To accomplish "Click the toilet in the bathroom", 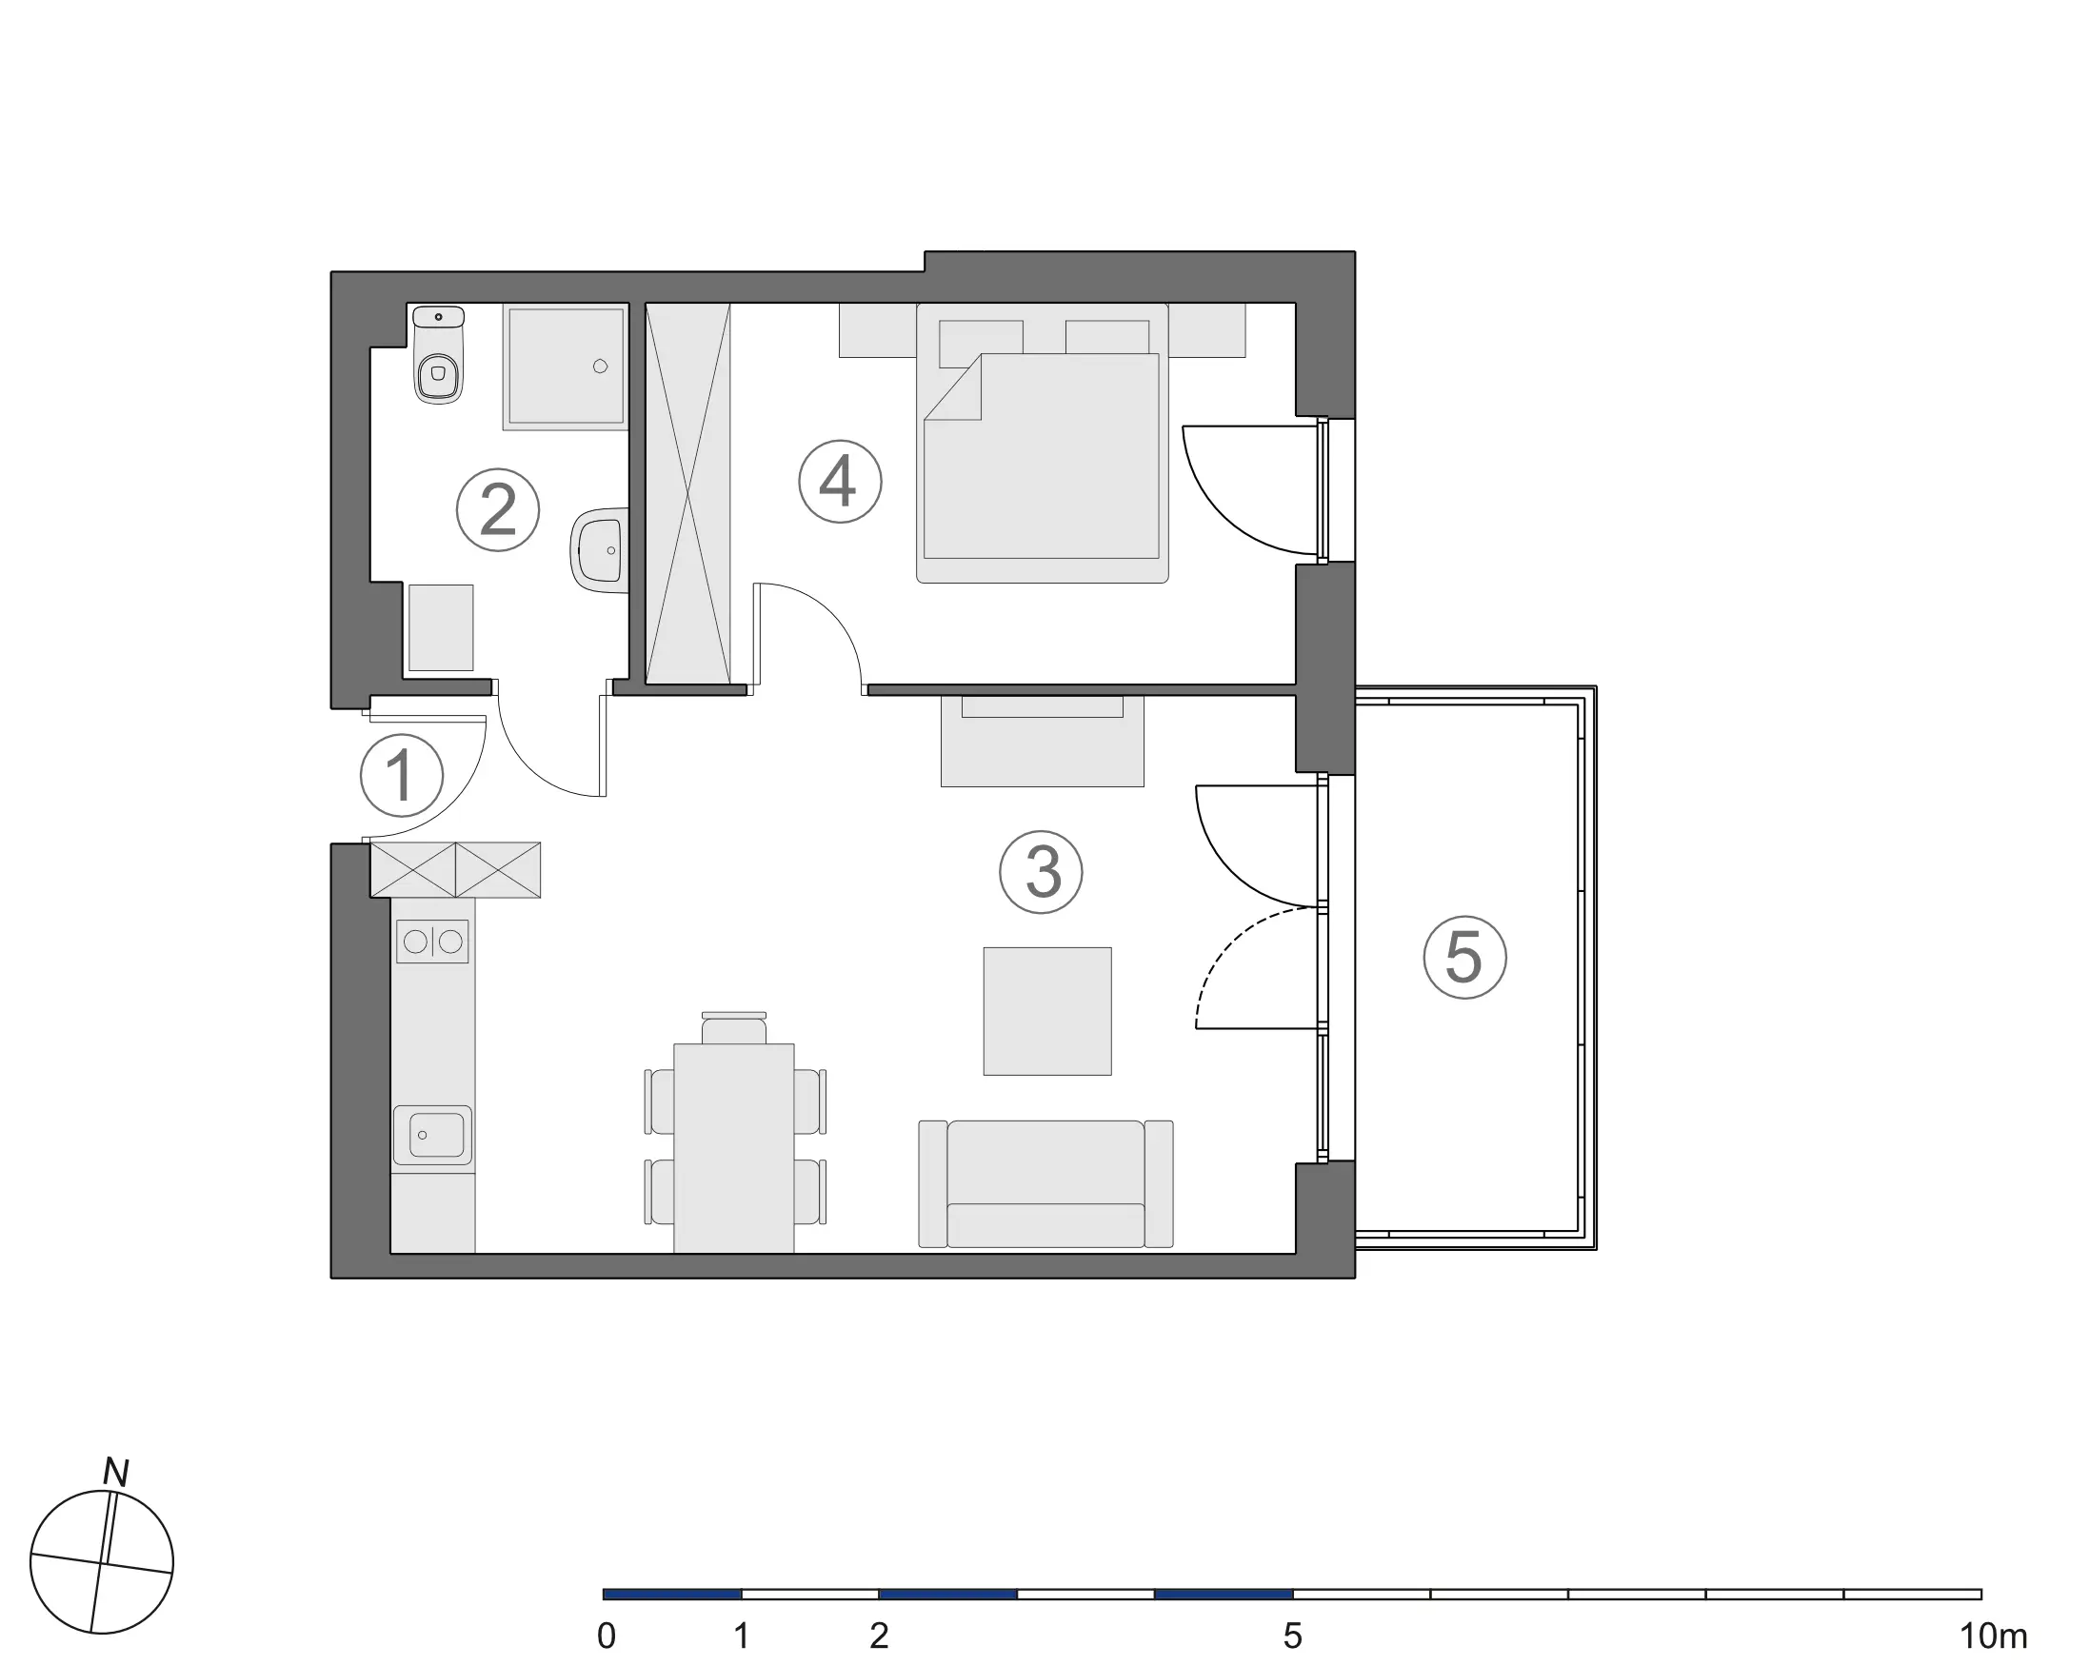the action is click(438, 354).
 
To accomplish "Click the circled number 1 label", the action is click(401, 775).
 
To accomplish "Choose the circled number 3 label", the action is click(1041, 871).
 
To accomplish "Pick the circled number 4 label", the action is click(840, 482).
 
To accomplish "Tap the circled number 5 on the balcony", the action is click(1464, 958).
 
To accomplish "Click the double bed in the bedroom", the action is click(1042, 443).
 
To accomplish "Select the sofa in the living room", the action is click(1046, 1183).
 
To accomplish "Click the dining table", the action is click(734, 1148).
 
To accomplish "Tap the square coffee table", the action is click(1047, 1011).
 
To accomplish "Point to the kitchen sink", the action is click(433, 1135).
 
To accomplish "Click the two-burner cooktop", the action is click(432, 942).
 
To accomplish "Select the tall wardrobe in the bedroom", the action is click(688, 494).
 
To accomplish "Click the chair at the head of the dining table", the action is click(734, 1027).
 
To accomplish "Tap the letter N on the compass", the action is click(116, 1472).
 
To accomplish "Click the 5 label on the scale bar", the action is click(1292, 1636).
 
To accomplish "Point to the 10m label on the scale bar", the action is click(1993, 1636).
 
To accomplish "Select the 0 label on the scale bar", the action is click(607, 1636).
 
